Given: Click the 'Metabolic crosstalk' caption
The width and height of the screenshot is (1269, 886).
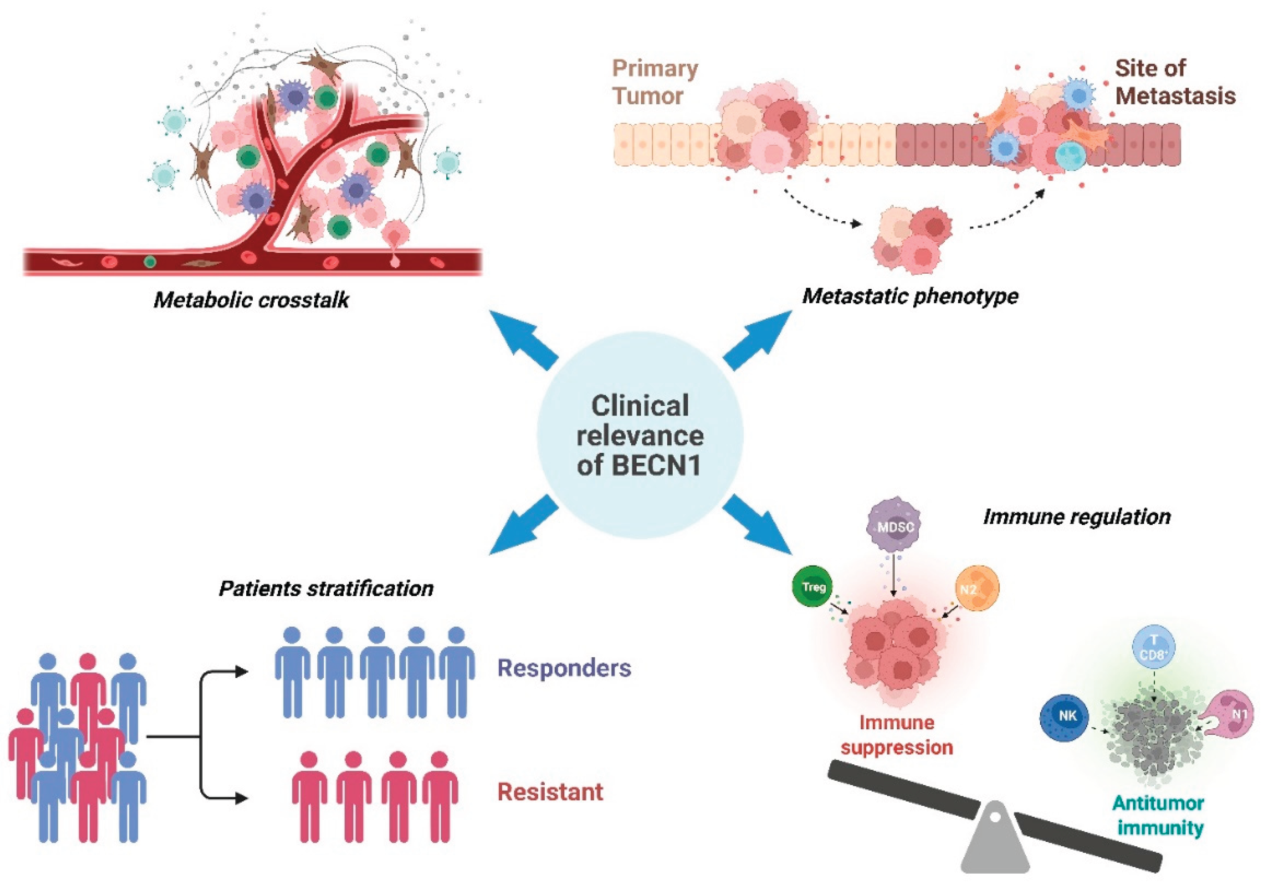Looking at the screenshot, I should [251, 300].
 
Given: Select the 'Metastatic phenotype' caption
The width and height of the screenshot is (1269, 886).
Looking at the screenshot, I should [910, 296].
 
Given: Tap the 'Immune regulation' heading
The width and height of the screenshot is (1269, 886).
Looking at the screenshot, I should [1076, 517].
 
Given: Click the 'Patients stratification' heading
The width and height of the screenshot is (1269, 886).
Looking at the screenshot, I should [326, 588].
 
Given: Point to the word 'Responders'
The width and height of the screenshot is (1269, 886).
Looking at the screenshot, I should [564, 668].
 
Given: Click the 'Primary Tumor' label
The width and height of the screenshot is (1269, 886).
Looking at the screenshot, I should [655, 82].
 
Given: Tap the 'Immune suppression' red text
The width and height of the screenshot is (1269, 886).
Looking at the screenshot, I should [896, 735].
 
